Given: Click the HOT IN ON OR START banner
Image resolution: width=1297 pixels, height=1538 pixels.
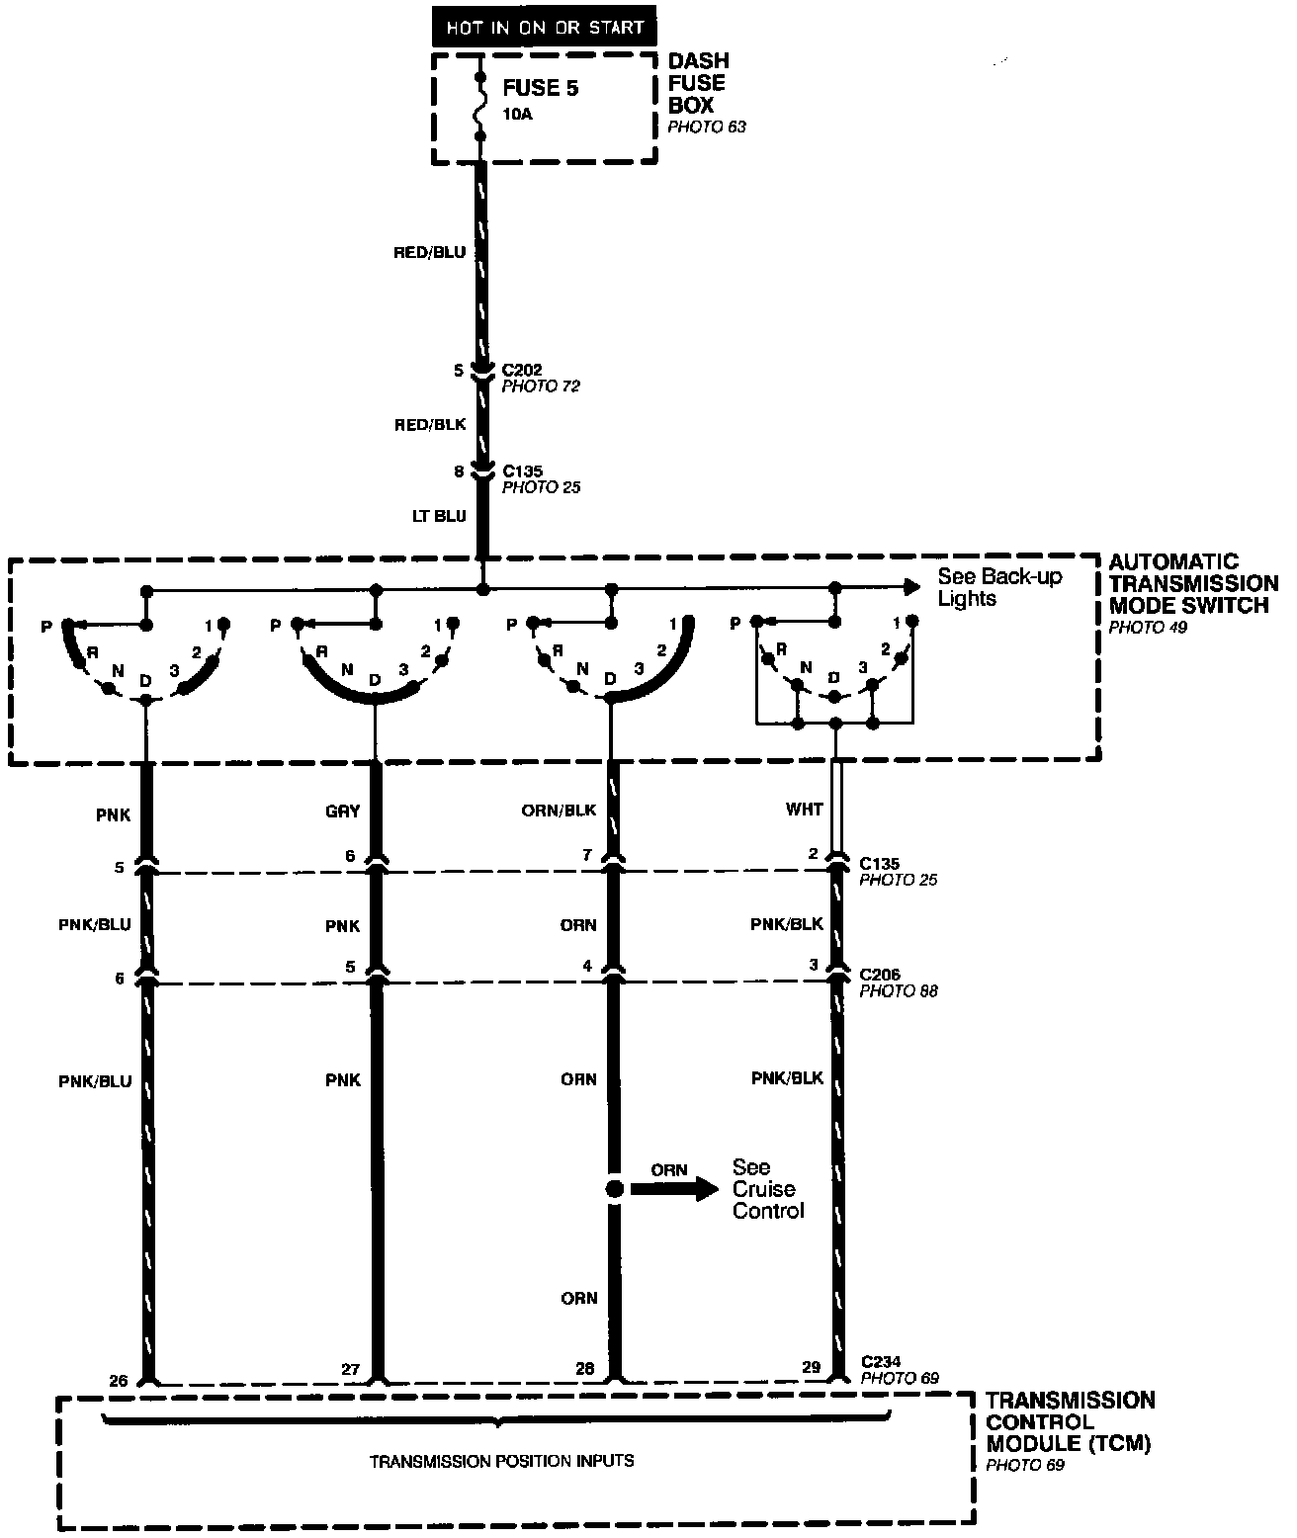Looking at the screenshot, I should click(x=544, y=28).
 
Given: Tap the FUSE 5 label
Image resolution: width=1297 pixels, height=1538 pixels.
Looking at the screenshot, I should click(x=540, y=89).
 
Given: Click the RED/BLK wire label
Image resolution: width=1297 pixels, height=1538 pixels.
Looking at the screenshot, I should click(x=429, y=425).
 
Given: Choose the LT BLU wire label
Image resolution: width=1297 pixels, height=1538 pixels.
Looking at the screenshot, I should click(x=438, y=516).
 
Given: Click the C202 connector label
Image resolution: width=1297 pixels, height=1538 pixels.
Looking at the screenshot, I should click(x=522, y=371).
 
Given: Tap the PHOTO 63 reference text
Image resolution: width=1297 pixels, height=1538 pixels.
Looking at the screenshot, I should click(x=707, y=128).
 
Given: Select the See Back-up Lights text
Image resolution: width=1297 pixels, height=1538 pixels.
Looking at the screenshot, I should click(x=998, y=587).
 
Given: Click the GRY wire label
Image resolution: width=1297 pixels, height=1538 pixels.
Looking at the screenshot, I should click(x=342, y=812).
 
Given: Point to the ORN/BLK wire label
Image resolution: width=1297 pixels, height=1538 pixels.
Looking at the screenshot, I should click(x=559, y=811).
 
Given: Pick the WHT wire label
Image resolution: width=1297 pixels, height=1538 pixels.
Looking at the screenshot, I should click(x=804, y=810).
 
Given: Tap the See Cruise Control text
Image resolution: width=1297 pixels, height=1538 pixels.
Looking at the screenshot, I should click(x=767, y=1189).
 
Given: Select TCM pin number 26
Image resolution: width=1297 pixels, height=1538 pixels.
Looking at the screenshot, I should click(x=118, y=1380).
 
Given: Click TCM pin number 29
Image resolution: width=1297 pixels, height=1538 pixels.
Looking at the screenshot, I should click(x=811, y=1368).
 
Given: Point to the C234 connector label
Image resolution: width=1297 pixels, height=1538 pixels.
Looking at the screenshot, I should click(x=880, y=1362).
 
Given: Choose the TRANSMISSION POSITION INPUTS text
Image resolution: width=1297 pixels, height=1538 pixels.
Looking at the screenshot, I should click(x=501, y=1461).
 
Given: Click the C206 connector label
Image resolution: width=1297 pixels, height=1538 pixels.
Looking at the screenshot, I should click(x=880, y=976).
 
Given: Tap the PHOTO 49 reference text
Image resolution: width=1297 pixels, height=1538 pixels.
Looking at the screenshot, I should click(x=1148, y=627).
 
